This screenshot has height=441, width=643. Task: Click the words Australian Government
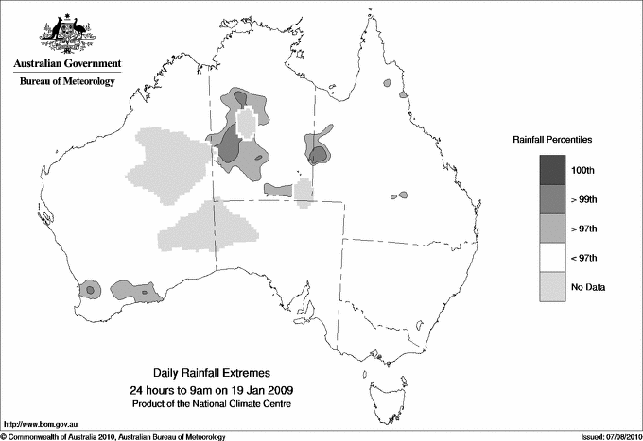67,64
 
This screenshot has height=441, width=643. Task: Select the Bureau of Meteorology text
67,81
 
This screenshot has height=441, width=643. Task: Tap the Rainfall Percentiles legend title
552,139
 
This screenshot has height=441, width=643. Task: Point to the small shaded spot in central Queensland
402,195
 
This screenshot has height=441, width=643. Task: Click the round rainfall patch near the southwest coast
90,289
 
